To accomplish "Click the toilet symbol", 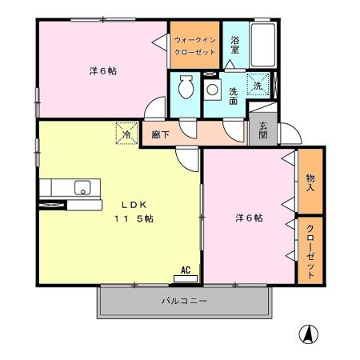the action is point(186,86).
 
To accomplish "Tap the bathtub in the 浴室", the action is point(263,45).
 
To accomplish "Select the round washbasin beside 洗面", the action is point(213,90).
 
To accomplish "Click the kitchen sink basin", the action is point(82,187).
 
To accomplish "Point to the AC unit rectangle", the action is point(186,278).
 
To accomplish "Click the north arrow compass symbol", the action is point(309,334).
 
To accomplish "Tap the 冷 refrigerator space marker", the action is point(127,134).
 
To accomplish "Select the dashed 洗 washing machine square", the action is point(258,84).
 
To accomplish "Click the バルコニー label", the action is point(184,302).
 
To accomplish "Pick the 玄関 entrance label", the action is point(263,130).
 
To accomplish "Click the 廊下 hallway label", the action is point(161,134).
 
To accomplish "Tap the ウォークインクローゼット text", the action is point(195,46).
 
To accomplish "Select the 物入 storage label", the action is point(310,182).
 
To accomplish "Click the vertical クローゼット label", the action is point(310,252).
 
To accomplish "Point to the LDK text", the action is point(134,205).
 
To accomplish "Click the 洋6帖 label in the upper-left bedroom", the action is point(103,71).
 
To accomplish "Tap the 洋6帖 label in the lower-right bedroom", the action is point(249,218).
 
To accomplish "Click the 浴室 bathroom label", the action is point(235,45).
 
